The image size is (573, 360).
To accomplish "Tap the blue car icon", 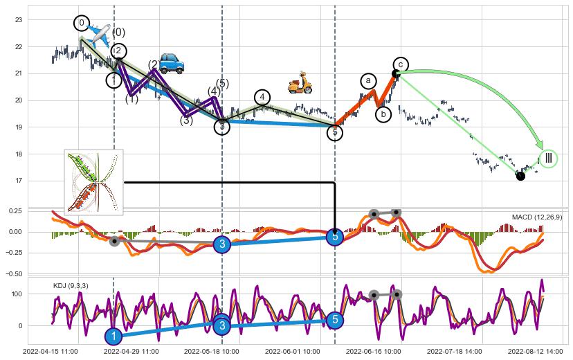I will (172, 63).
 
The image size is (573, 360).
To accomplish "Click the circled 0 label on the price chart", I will (82, 24).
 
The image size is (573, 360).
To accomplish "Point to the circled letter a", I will (368, 80).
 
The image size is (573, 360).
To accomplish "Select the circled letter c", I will (401, 65).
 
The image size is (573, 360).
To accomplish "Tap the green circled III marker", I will (549, 159).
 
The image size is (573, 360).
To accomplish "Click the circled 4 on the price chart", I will (262, 98).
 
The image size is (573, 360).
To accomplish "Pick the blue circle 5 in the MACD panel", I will (335, 237).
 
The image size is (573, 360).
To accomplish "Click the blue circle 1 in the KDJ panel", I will (113, 336).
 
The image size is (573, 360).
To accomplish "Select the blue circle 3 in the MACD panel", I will (221, 244).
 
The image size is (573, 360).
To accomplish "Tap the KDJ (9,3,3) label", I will (71, 285).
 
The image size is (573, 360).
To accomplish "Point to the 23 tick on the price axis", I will (19, 20).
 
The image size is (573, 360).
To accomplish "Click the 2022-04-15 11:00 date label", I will (51, 352).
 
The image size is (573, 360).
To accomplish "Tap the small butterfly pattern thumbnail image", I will (93, 181).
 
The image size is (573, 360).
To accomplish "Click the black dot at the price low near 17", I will (520, 177).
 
